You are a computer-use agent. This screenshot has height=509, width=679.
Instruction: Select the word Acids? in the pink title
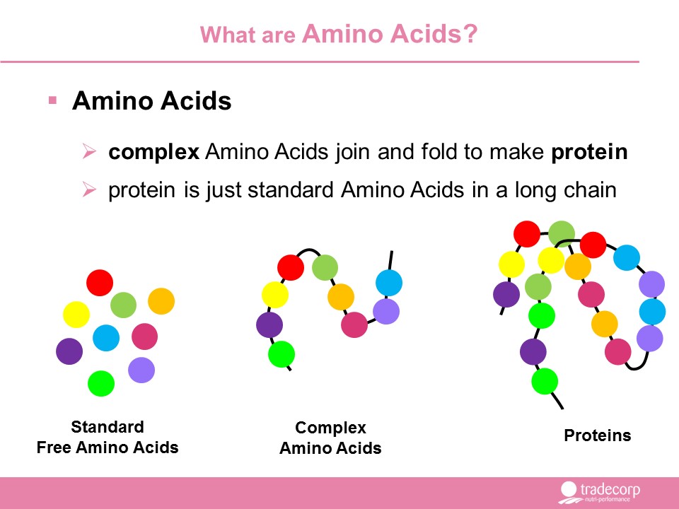click(434, 33)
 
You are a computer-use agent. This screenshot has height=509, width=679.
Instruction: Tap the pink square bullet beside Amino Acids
click(53, 100)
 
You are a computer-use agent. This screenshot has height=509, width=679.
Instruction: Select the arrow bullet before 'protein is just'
click(89, 189)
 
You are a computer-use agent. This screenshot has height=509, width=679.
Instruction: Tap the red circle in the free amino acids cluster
click(100, 283)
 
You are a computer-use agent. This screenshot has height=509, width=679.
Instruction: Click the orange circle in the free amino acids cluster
click(161, 301)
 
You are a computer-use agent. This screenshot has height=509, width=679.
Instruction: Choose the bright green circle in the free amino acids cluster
click(101, 383)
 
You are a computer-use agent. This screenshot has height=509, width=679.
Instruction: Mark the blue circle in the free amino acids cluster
click(106, 338)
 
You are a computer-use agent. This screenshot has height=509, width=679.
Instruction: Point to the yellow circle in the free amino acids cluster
click(76, 314)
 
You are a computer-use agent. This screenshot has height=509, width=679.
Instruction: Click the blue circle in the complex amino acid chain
click(389, 283)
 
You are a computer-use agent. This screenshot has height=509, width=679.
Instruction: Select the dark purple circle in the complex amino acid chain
click(269, 324)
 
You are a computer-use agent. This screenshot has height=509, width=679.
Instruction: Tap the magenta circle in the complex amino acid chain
click(354, 324)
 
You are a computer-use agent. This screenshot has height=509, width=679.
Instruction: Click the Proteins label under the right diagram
click(597, 435)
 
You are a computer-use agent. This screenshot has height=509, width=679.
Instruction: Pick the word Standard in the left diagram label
click(108, 427)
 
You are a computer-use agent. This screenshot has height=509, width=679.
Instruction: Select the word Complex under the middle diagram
click(330, 428)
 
